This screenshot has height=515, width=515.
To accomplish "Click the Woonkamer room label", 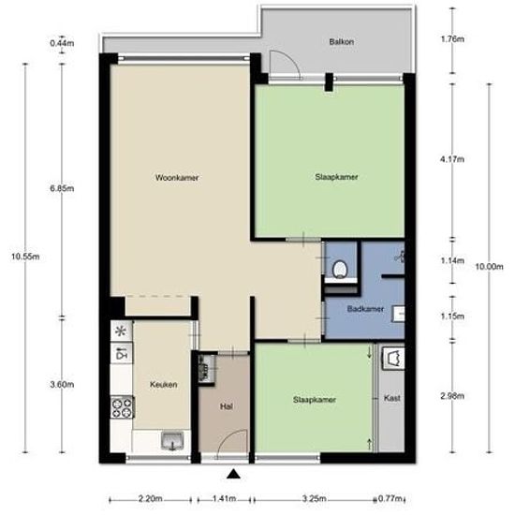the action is [177, 178].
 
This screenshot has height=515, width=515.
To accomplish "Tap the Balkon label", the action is [342, 42].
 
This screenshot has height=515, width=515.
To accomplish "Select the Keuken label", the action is [164, 384].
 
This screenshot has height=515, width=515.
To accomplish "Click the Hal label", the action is [227, 406].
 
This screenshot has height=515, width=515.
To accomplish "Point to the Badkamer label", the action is [365, 309].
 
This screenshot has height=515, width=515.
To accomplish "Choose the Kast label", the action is [392, 398].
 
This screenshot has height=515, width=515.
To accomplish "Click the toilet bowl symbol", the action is [340, 270].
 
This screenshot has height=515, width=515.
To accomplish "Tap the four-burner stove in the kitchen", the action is [122, 407].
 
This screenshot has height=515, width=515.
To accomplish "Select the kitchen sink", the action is [172, 441].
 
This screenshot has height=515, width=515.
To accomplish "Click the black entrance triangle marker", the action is [233, 474].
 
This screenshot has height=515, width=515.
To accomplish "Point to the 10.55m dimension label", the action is [25, 257].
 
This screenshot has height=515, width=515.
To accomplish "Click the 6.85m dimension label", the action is [62, 188].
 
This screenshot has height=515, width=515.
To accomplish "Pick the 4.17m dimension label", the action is [452, 159].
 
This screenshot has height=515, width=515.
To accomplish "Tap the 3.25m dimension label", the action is [314, 498].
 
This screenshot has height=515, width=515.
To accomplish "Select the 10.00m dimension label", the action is [489, 267].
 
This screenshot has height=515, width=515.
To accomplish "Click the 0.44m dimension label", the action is [62, 43].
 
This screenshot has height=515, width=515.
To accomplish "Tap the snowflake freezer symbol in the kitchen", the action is [121, 331].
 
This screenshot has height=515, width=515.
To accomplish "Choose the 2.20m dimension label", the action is [150, 498].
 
